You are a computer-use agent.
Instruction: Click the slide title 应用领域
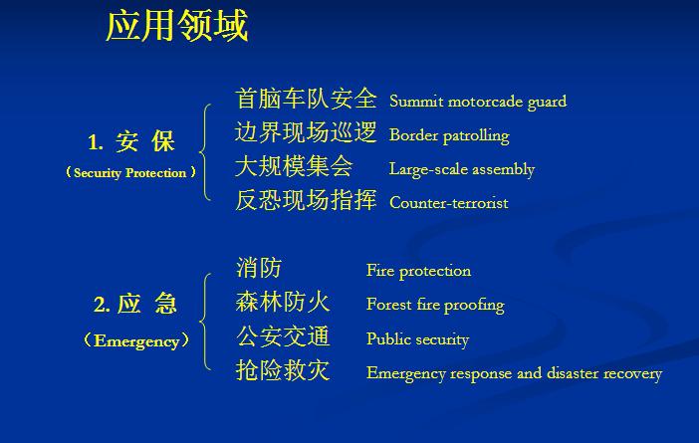click(x=177, y=26)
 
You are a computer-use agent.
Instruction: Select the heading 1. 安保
click(x=131, y=141)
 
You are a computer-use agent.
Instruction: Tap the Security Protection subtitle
click(x=130, y=172)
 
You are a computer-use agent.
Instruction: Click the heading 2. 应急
click(x=135, y=304)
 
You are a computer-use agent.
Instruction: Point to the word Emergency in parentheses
click(x=136, y=340)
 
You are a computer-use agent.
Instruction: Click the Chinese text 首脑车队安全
click(x=306, y=99)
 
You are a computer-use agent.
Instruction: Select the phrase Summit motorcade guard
click(x=478, y=102)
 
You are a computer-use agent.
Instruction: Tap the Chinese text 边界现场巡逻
click(x=306, y=132)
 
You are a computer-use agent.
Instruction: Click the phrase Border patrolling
click(x=449, y=135)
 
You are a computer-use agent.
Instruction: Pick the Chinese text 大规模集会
click(x=294, y=166)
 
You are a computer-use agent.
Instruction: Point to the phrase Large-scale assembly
click(x=462, y=169)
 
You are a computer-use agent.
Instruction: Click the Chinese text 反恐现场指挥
click(x=306, y=200)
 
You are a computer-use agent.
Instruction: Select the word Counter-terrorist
click(x=449, y=203)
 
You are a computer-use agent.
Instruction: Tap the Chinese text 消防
click(x=259, y=268)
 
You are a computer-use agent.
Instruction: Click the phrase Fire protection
click(x=418, y=271)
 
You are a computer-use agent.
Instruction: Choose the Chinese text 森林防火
click(x=283, y=302)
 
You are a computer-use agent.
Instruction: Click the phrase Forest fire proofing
click(x=435, y=305)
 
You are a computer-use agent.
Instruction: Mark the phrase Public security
click(x=417, y=339)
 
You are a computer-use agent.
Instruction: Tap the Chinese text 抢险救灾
click(x=283, y=370)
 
